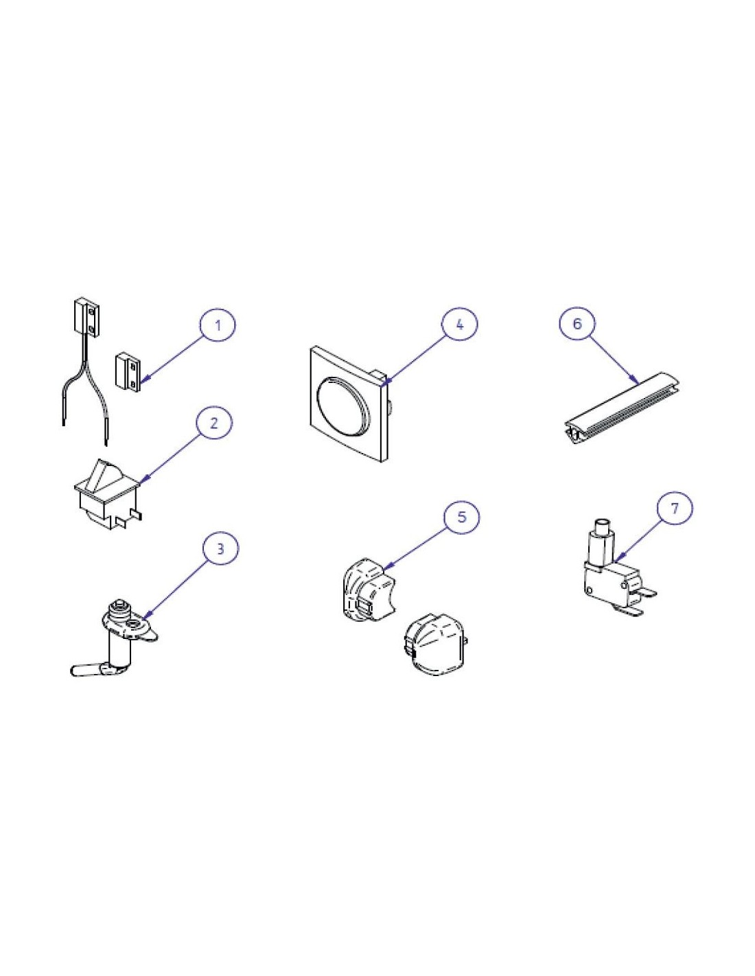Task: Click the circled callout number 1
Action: click(218, 325)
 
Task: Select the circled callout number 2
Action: click(214, 423)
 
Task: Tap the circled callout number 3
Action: click(220, 549)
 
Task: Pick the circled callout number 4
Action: click(459, 324)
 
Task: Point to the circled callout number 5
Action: click(462, 517)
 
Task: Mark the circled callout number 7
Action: click(675, 508)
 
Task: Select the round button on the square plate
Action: click(344, 405)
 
